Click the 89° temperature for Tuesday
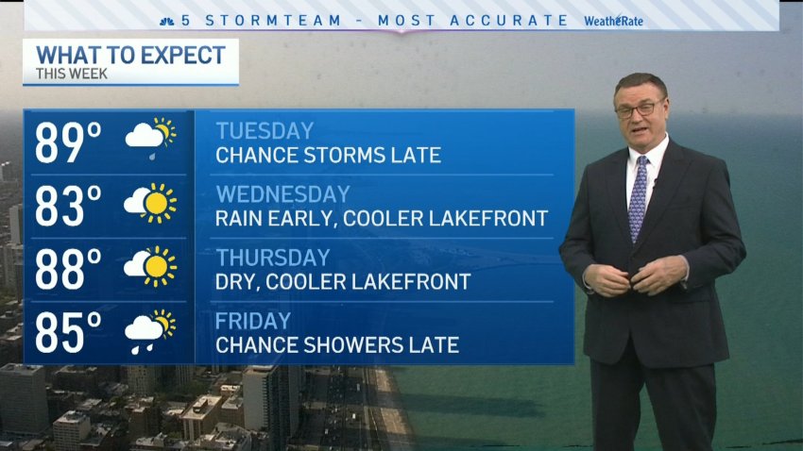tap(68, 142)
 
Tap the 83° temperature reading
tap(68, 206)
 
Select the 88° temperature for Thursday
tap(68, 270)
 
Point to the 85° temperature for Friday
tap(68, 333)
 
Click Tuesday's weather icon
tap(150, 138)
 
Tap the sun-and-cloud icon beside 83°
tap(150, 203)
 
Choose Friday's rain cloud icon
tap(150, 331)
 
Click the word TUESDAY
tap(265, 131)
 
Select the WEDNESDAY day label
tap(282, 194)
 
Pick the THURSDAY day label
tap(272, 258)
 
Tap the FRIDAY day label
tap(253, 321)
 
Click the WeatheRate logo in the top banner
tap(613, 21)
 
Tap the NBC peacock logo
tap(167, 22)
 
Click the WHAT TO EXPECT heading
tap(130, 56)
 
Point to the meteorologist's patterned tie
tap(638, 198)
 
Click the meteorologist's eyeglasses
tap(641, 109)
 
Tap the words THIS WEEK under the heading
tap(72, 75)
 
